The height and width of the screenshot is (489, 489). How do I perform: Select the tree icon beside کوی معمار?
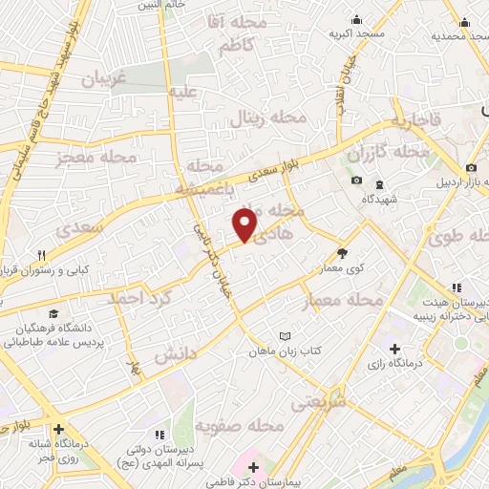[343, 253]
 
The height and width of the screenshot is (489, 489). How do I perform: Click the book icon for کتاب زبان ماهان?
[284, 336]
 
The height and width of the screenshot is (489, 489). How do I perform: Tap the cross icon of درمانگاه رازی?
[395, 348]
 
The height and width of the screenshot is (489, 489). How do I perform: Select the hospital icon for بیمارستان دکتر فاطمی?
[253, 467]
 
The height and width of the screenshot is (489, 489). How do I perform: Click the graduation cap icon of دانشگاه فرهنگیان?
[53, 313]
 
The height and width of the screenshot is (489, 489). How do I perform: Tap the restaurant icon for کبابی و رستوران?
[42, 255]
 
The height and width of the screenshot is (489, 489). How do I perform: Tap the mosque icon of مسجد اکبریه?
[357, 19]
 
